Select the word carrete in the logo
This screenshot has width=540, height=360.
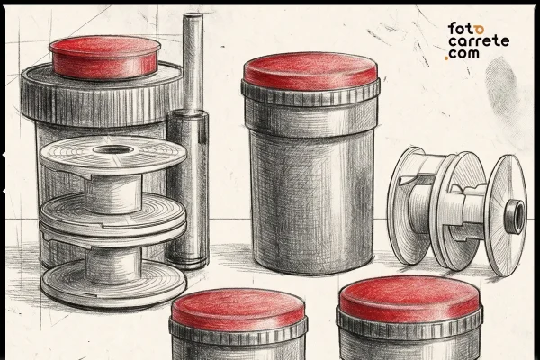(x=477, y=41)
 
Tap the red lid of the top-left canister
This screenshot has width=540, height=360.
(x=104, y=56)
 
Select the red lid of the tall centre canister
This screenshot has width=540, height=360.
(x=310, y=71)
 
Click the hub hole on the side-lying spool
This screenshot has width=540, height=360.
(x=516, y=213)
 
